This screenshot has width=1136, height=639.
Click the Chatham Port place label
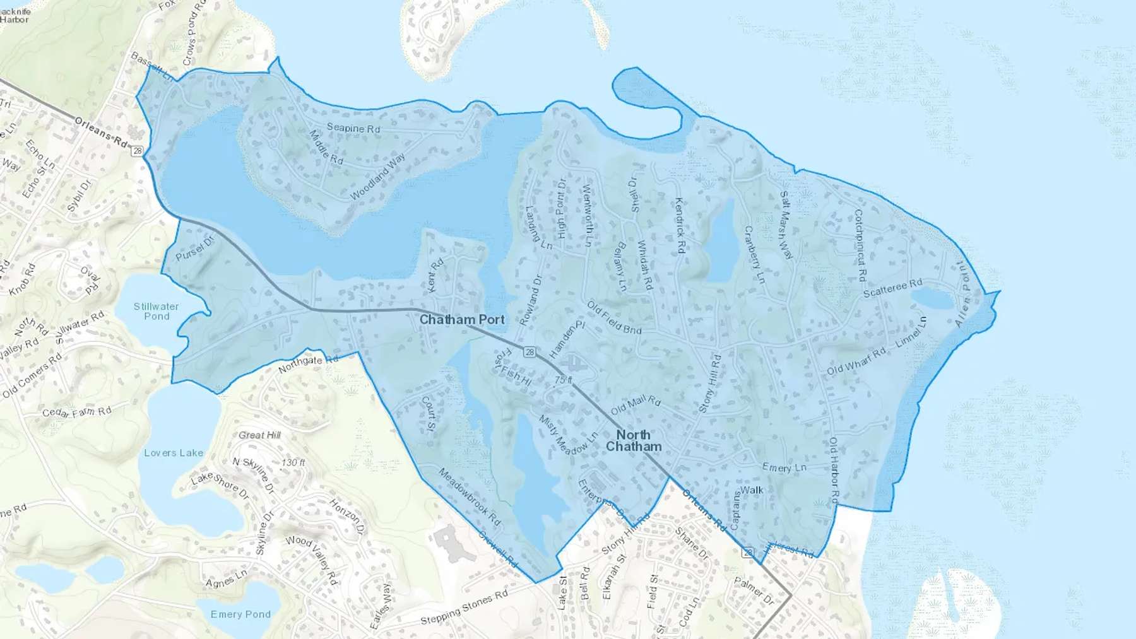point(462,320)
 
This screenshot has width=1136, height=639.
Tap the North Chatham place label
point(634,440)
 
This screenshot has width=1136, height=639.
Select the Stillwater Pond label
point(156,311)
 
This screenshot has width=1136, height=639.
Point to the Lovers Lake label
point(174,453)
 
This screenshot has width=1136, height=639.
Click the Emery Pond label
point(240,614)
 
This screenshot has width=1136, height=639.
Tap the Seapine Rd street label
point(353,128)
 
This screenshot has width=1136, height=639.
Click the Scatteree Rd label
point(892,288)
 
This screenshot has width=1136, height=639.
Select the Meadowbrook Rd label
point(470,496)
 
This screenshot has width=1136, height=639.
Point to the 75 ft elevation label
point(564,380)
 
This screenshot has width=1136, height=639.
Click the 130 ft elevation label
point(293,462)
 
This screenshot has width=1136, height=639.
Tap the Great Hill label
point(259,435)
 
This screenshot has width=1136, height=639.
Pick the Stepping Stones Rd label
point(464,607)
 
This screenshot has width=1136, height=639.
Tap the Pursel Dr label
point(195,248)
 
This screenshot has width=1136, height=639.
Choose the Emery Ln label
point(784,467)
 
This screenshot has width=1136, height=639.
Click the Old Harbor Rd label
point(834,469)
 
